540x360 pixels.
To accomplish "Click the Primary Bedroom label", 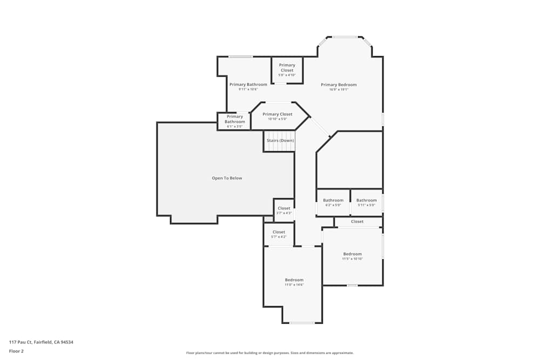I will click(339, 85).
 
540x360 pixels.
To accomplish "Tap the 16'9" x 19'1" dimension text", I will click(339, 90).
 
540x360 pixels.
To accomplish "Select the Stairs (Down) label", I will click(280, 140).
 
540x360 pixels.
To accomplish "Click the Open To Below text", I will click(227, 178).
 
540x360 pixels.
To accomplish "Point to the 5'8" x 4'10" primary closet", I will click(287, 70).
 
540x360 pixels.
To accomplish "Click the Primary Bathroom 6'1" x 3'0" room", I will click(234, 121).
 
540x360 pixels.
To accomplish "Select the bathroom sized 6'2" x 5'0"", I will click(333, 202).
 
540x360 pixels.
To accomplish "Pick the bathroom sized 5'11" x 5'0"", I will click(366, 202).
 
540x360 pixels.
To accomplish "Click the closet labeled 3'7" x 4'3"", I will click(283, 210).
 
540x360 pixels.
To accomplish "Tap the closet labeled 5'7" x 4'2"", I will click(279, 234).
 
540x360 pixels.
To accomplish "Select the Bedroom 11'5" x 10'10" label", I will click(352, 256).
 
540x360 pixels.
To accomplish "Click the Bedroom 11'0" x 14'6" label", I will click(294, 282).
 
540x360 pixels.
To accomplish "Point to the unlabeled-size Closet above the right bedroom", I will click(357, 221).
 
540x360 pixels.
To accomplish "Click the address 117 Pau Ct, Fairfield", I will click(41, 342).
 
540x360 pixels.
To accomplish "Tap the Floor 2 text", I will click(16, 351).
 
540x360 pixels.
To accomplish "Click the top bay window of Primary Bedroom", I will click(345, 37).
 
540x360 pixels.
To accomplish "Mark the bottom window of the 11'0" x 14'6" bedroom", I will click(302, 323).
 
